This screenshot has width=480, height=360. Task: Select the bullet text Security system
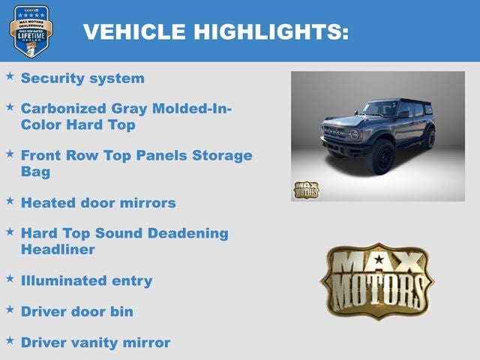[82, 78]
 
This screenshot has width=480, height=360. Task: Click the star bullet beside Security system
[10, 76]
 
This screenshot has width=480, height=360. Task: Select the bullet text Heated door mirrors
[98, 202]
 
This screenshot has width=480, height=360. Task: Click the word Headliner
[58, 249]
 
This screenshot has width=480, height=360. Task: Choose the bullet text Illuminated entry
[86, 280]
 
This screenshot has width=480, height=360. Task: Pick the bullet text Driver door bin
[77, 311]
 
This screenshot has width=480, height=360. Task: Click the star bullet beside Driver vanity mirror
[10, 340]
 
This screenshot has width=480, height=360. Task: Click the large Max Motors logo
[376, 281]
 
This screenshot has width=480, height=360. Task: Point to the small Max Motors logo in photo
[306, 190]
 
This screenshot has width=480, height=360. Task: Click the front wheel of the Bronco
[382, 157]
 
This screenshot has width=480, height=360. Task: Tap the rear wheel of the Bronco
[428, 138]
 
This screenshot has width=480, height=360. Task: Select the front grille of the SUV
[337, 134]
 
